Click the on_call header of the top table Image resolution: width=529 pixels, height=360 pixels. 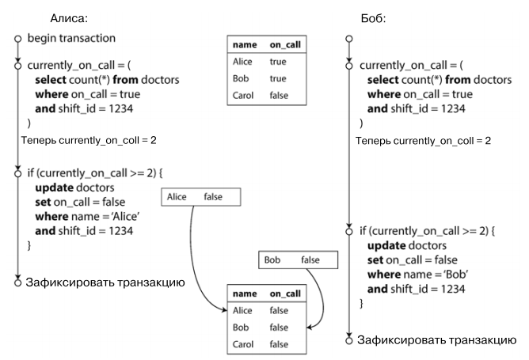tap(285, 45)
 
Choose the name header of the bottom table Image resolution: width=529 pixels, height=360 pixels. tap(242, 294)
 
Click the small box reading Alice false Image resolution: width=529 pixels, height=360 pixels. tap(200, 197)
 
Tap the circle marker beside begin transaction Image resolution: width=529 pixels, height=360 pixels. tap(17, 38)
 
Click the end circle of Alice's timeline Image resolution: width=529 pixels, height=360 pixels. tap(17, 282)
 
